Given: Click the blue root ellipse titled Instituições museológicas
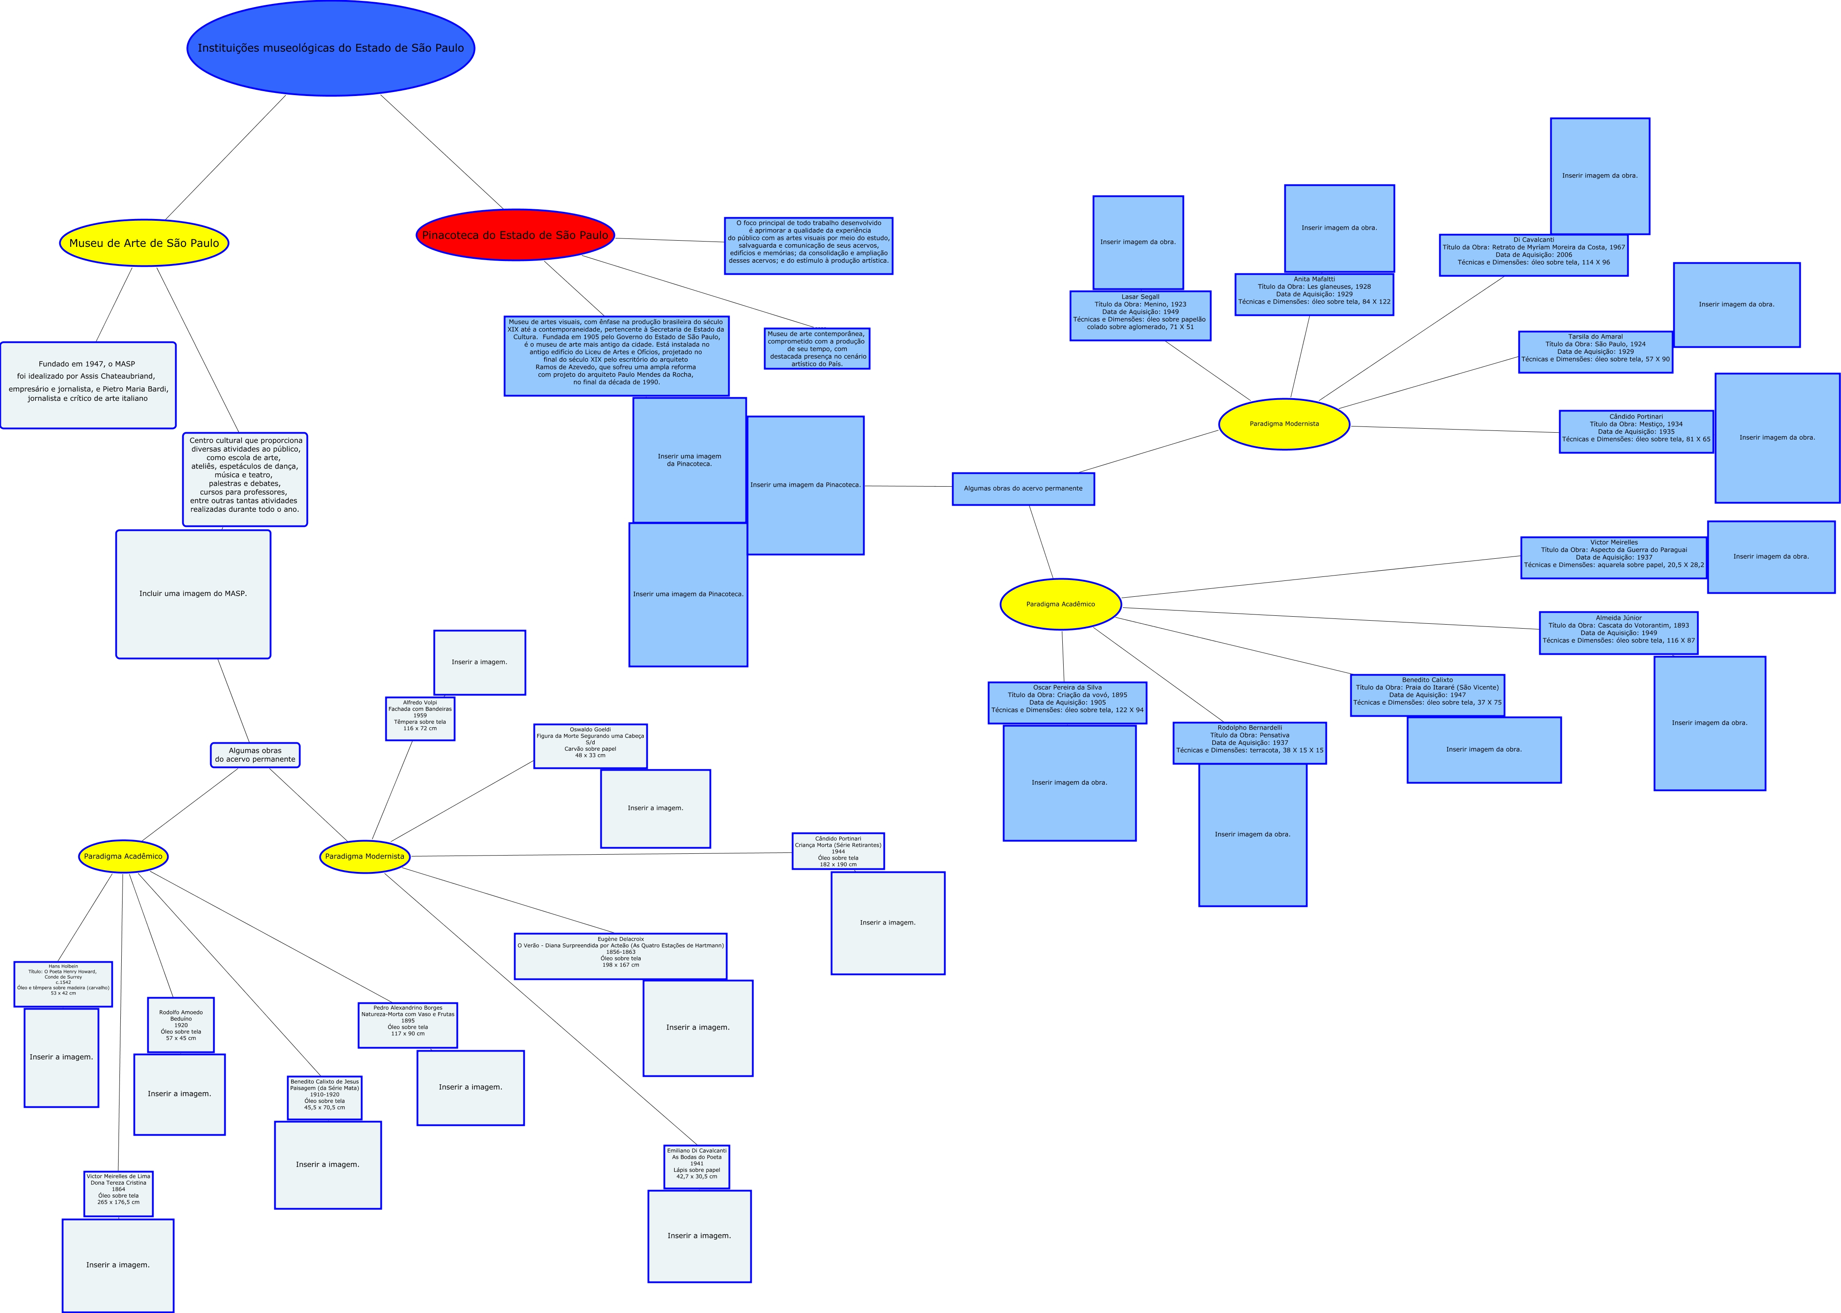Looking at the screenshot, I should (331, 48).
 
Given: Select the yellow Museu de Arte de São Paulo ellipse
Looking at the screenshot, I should (144, 242).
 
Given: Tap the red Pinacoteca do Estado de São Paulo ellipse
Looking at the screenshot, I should (515, 235).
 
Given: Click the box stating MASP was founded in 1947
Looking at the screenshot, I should (88, 385).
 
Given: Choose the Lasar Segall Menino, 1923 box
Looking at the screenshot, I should (1140, 315).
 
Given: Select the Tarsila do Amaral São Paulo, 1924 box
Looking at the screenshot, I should (1595, 352).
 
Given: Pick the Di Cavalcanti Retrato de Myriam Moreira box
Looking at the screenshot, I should (1533, 255).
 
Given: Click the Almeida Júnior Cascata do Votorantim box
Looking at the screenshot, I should (1618, 632).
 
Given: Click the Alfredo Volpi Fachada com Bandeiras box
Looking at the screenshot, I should (419, 718).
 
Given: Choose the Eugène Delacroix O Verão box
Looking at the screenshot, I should (620, 956).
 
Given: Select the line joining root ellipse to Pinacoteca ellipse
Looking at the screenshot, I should (442, 152).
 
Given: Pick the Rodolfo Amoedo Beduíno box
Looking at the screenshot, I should (181, 1025).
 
